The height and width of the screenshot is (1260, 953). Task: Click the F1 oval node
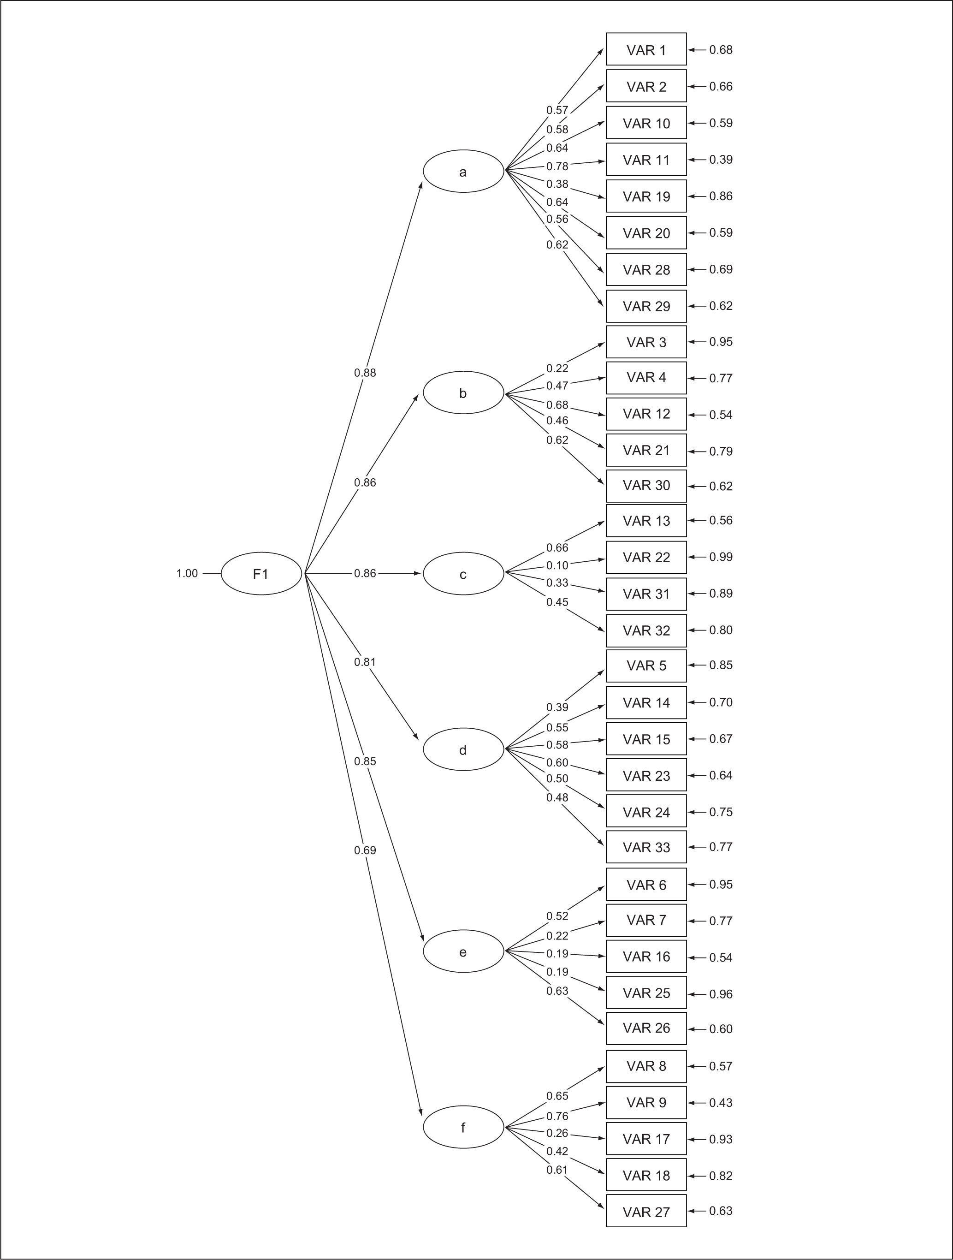[261, 574]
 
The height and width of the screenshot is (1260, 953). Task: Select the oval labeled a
[463, 172]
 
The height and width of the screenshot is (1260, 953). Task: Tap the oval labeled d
[463, 749]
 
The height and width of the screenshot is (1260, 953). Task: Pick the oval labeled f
[463, 1127]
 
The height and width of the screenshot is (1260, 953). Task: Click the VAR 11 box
[646, 160]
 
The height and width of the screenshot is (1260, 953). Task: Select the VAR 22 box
[646, 557]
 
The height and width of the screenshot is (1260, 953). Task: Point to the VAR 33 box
[646, 847]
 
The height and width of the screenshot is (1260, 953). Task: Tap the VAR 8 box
[646, 1066]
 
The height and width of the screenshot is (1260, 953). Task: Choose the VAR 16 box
[646, 957]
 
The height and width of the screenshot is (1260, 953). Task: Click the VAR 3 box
[646, 342]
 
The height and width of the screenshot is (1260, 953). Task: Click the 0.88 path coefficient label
[365, 373]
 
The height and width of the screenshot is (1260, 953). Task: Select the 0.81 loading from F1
[365, 662]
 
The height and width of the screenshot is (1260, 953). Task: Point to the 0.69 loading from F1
[365, 850]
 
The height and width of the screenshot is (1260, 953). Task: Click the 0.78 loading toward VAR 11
[557, 166]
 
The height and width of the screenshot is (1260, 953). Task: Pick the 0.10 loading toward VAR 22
[557, 565]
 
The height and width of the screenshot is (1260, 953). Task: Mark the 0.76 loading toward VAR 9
[557, 1116]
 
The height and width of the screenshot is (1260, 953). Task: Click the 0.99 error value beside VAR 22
[721, 557]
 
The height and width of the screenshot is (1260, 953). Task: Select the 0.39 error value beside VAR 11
[721, 160]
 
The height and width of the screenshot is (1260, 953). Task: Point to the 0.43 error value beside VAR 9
[721, 1102]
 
